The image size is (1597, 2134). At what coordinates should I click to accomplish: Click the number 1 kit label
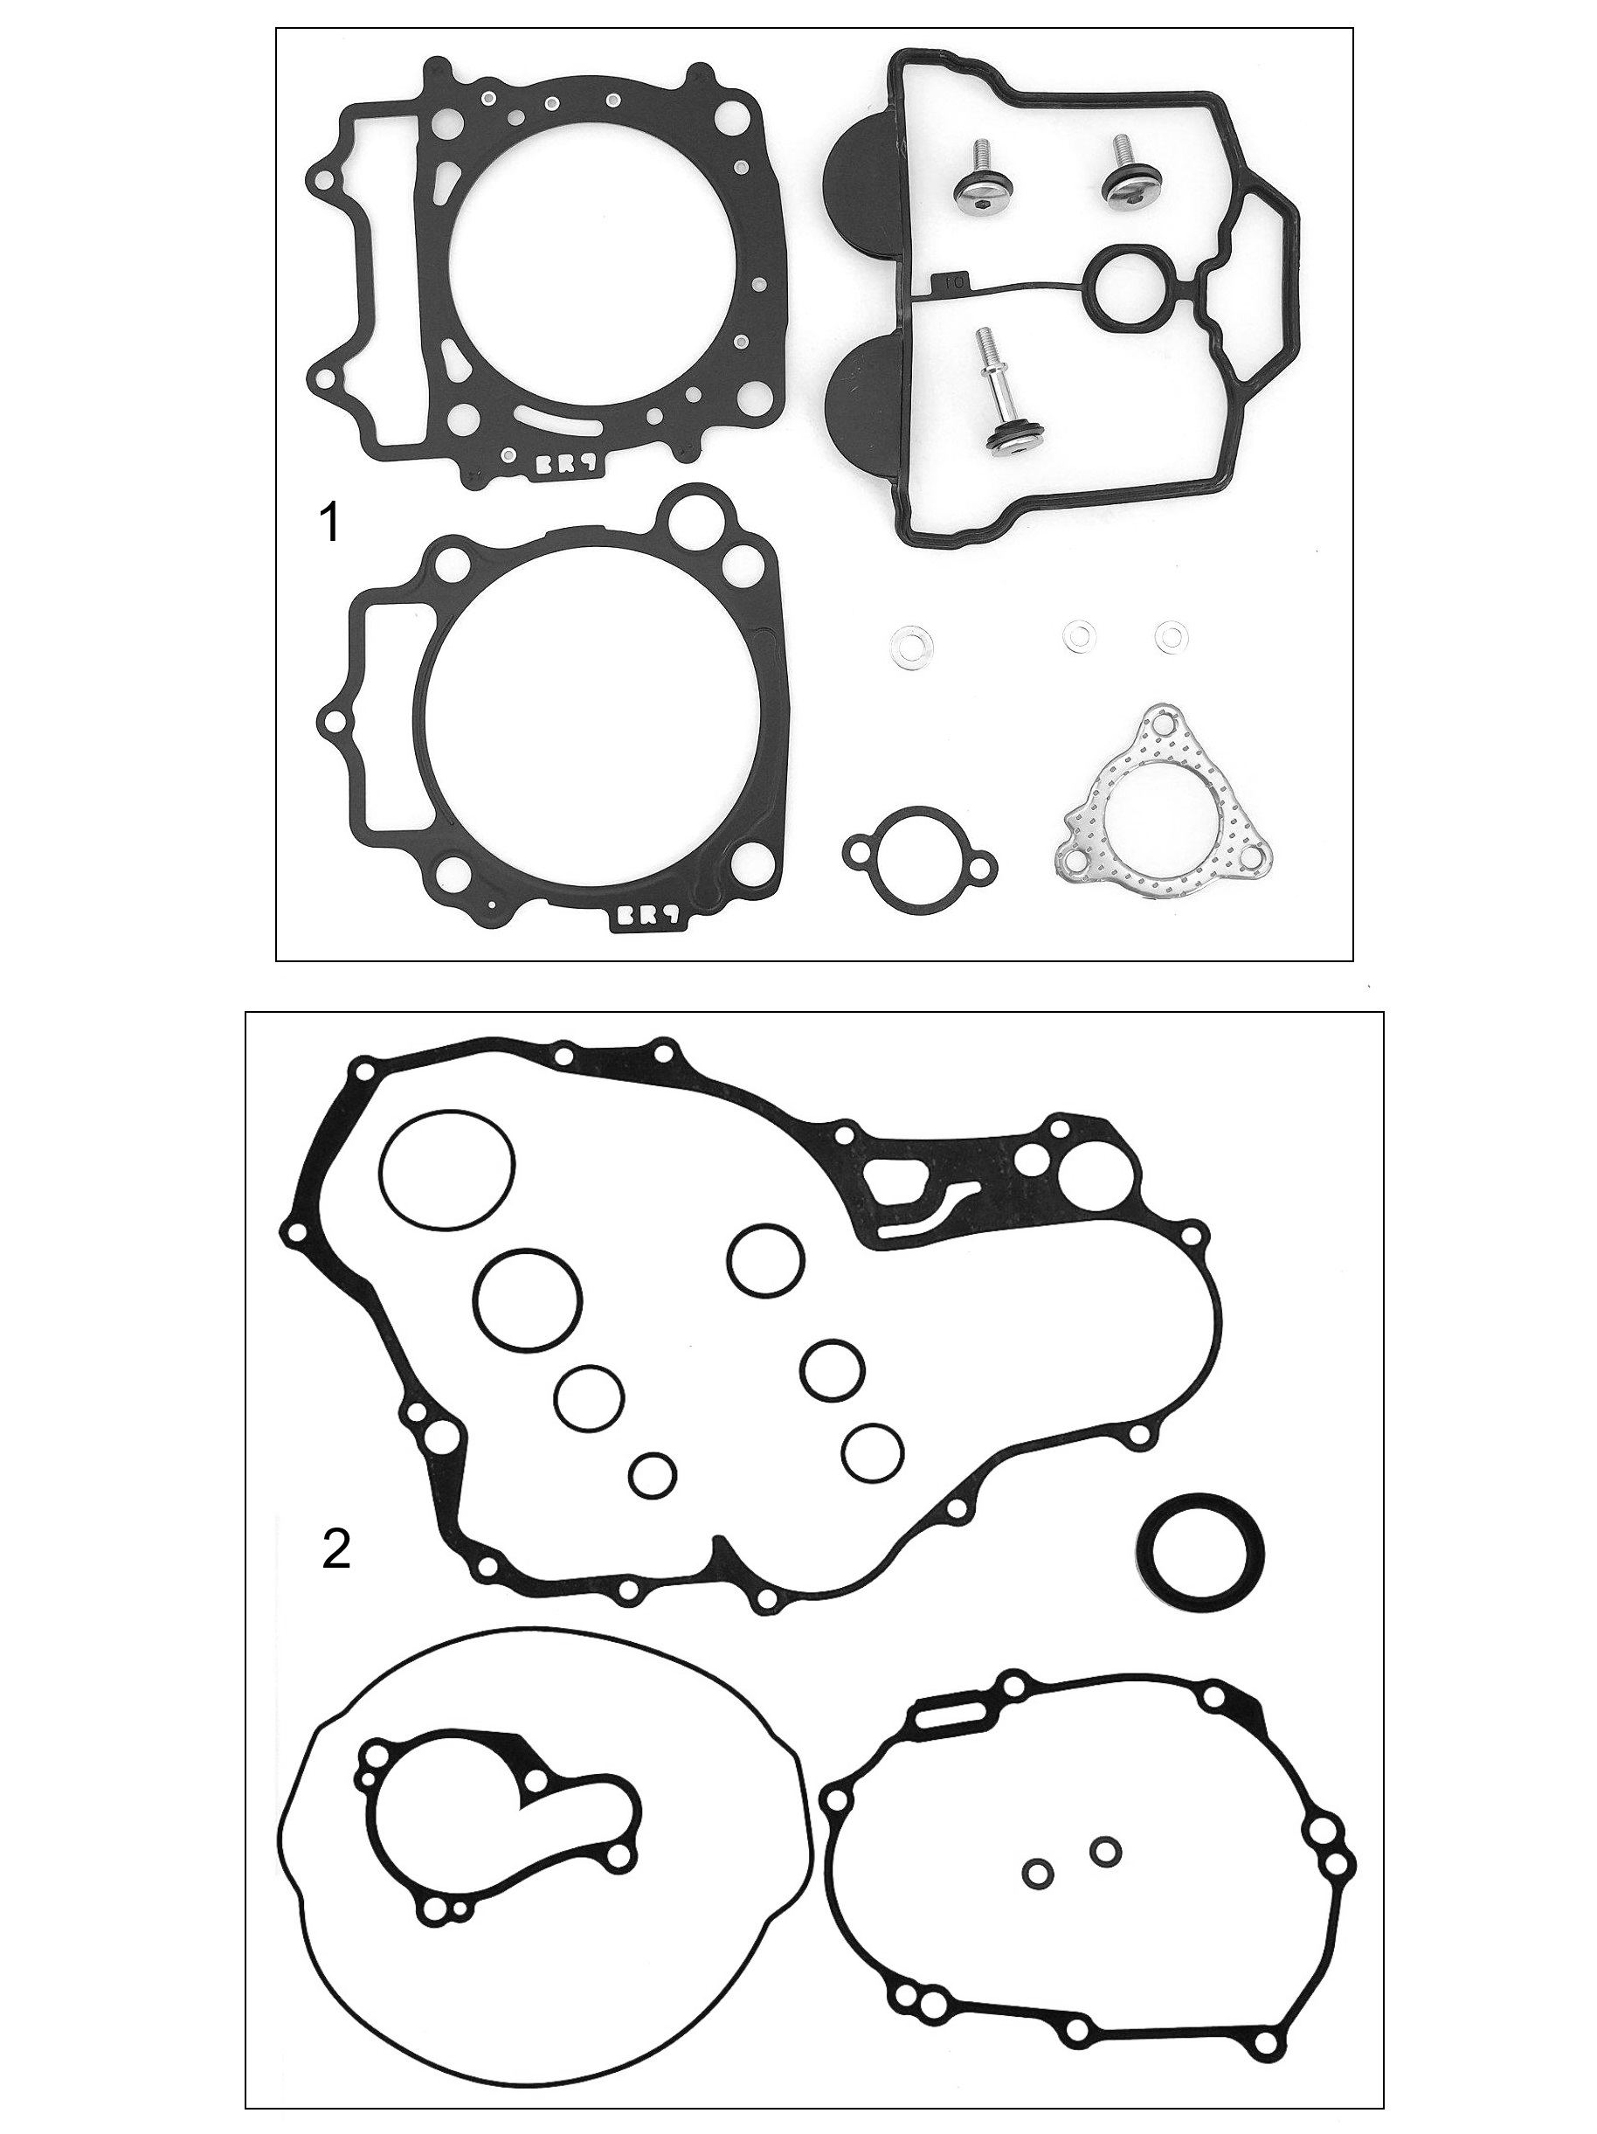[x=328, y=523]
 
